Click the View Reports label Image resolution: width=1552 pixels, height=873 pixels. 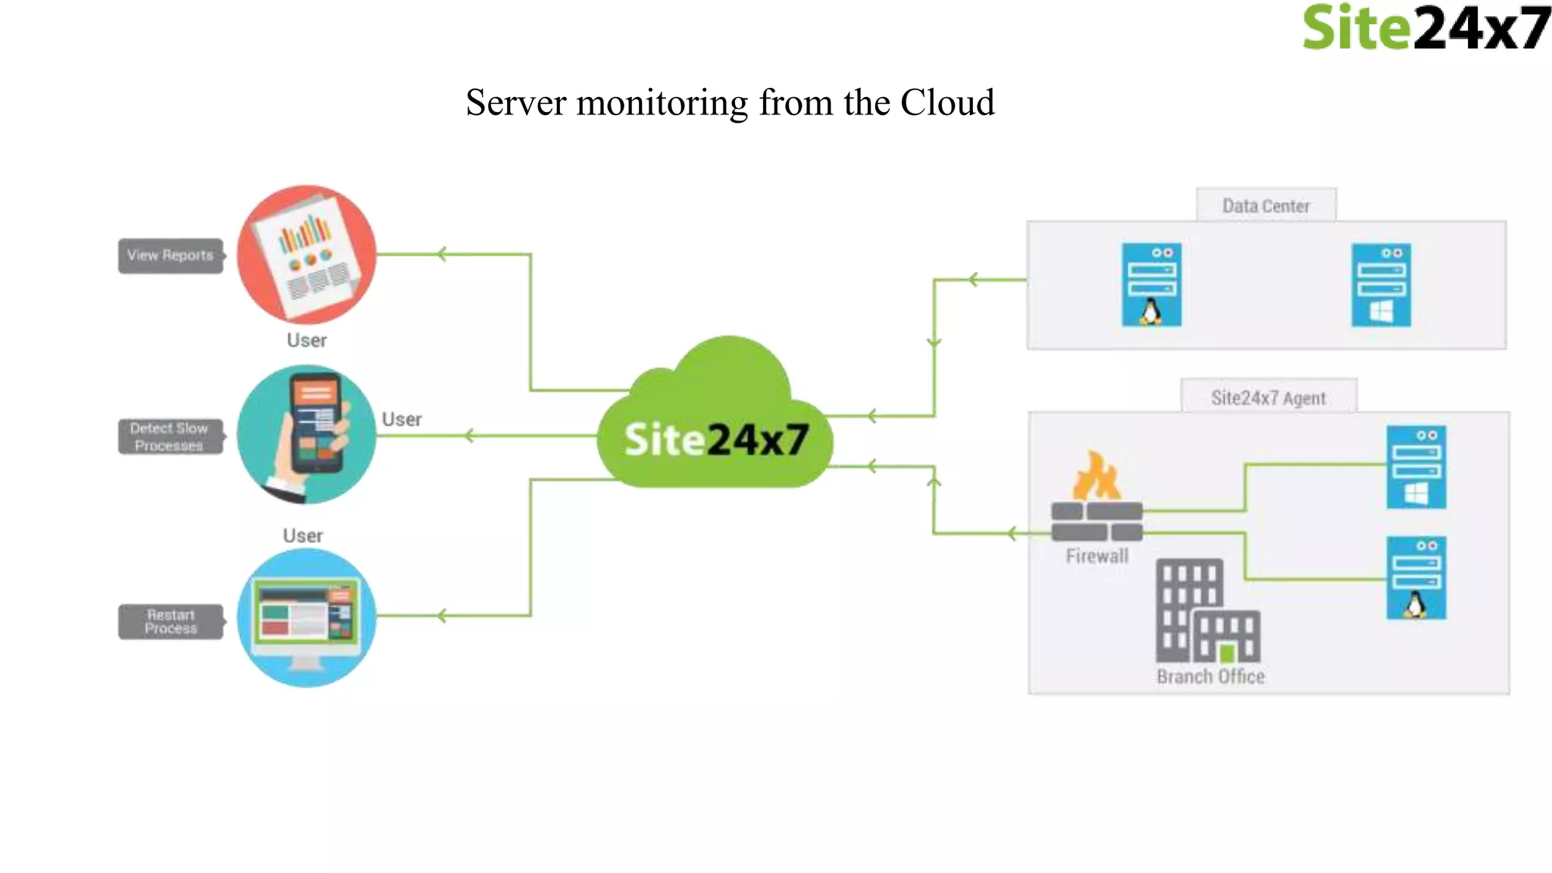(x=171, y=255)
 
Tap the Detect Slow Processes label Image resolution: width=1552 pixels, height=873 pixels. (x=170, y=437)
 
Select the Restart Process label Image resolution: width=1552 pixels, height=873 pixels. (x=171, y=621)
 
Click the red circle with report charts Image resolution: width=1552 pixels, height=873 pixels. (x=306, y=255)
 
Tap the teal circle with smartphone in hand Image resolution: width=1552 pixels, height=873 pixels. (x=306, y=434)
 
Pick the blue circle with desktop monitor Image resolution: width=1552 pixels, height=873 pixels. (x=306, y=618)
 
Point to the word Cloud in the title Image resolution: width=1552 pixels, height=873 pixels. (x=947, y=102)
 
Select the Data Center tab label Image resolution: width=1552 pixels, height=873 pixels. (x=1266, y=205)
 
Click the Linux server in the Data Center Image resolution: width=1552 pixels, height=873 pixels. (x=1151, y=285)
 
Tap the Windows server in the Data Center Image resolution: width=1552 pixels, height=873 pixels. (x=1381, y=285)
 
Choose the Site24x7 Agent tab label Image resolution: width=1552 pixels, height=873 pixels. (x=1268, y=398)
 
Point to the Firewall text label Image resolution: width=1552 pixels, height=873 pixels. (x=1097, y=556)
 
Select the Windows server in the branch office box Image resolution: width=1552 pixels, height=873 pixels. (x=1416, y=467)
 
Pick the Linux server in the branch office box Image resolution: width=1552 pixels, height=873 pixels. (x=1416, y=578)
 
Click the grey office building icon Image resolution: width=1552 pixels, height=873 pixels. (x=1206, y=611)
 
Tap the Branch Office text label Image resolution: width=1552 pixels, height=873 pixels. (x=1210, y=677)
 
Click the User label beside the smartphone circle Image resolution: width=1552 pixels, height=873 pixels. (x=402, y=419)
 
